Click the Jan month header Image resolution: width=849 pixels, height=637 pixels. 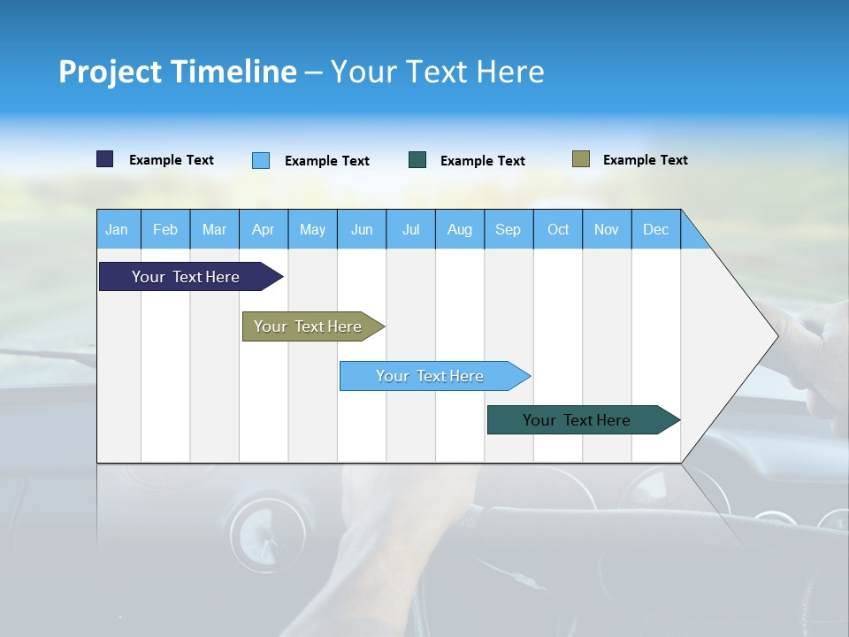coord(118,229)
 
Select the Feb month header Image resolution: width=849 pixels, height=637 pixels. coord(165,229)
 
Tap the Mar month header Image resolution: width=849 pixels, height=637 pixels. coord(214,229)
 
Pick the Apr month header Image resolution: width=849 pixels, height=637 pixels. coord(264,229)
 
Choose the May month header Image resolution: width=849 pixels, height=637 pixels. coord(312,229)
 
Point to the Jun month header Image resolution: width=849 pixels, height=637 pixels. coord(362,229)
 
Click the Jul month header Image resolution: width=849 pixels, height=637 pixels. coord(410,229)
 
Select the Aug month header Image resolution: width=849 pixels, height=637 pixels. coord(460,229)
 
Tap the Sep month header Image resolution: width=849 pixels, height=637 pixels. coord(509,229)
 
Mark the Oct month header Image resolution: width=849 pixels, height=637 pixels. coord(558,229)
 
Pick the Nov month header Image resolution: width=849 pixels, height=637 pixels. coord(607,229)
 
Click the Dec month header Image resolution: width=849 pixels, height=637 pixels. coord(656,229)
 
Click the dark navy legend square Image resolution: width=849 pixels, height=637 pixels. coord(105,159)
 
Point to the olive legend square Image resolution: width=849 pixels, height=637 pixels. coord(581,159)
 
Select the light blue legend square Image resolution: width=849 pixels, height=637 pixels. coord(261,160)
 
